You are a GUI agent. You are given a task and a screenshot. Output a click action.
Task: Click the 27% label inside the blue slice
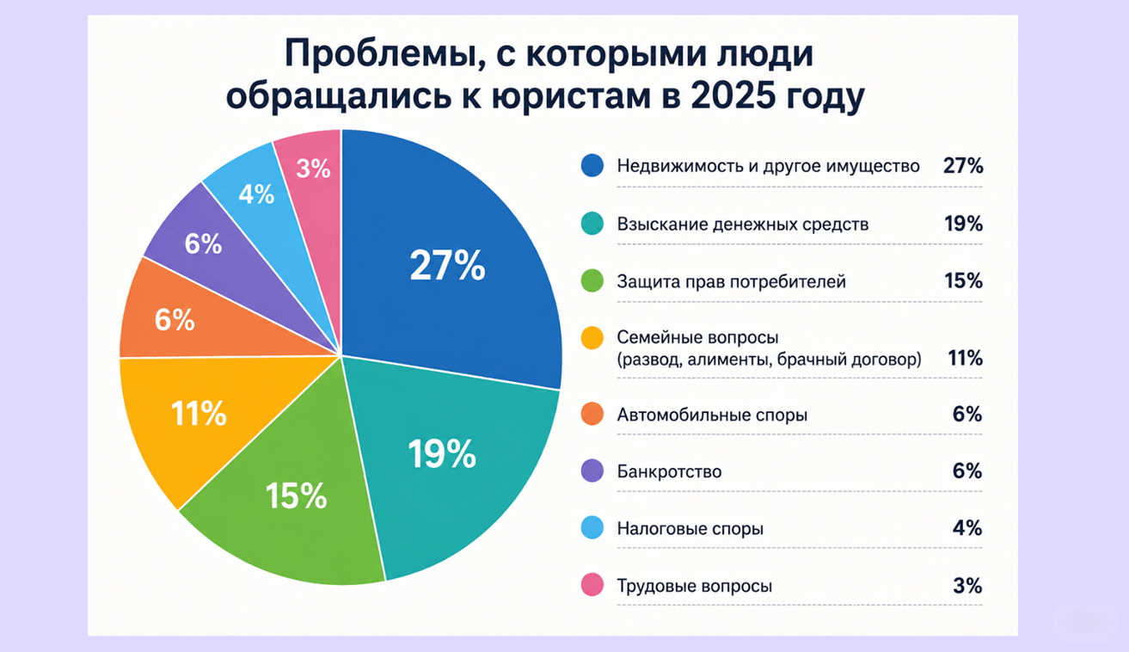447,265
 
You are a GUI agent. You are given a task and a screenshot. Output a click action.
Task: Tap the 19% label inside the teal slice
442,454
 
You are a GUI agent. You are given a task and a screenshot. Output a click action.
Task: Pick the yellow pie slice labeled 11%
201,419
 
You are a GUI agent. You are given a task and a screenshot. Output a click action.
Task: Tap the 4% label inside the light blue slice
256,194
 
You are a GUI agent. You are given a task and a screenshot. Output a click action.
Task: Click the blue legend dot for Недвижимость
592,165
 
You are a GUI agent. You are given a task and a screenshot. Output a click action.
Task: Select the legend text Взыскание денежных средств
743,225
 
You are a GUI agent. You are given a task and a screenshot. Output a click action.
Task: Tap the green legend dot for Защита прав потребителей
592,281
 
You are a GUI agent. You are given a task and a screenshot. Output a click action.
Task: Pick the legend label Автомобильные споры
712,415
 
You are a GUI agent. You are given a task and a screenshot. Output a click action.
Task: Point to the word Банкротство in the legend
669,471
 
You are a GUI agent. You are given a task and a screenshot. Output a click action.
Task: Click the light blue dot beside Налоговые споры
592,528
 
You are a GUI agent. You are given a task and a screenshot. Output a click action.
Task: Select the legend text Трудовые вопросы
695,586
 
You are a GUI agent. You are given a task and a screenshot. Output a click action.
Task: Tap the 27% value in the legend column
963,166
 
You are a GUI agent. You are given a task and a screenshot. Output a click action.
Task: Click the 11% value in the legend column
965,358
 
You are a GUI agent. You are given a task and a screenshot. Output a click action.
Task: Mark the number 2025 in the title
733,95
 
